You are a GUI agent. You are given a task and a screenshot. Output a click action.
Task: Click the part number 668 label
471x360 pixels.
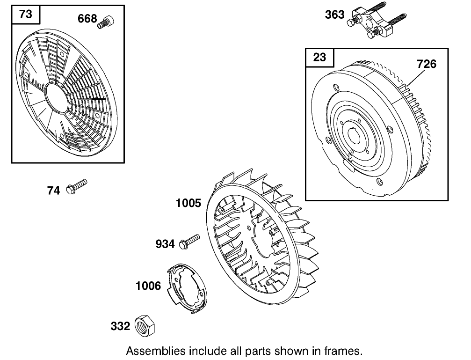[x=87, y=19]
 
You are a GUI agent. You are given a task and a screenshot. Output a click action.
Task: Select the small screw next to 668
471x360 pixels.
[x=106, y=22]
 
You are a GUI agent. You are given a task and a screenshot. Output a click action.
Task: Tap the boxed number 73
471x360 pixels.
[x=26, y=14]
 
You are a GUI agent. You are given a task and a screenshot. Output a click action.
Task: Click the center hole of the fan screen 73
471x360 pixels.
[x=56, y=98]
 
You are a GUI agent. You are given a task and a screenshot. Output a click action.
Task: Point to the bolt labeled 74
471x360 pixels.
[x=77, y=186]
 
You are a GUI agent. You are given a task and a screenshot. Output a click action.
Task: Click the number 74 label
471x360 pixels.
[x=53, y=191]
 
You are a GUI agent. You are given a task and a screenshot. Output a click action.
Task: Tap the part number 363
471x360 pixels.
[x=334, y=15]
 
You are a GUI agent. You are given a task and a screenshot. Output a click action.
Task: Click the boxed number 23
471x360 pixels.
[x=319, y=57]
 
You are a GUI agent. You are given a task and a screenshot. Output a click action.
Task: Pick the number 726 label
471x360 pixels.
[x=427, y=64]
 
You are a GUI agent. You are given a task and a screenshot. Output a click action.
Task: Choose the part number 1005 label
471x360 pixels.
[x=188, y=203]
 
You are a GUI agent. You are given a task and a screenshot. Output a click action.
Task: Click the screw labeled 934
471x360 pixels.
[x=189, y=242]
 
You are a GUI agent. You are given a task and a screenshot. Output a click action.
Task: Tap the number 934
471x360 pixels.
[x=165, y=244]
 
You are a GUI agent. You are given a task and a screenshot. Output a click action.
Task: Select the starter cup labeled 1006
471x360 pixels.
[x=187, y=289]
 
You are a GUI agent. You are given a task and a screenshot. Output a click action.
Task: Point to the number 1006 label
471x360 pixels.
[x=148, y=286]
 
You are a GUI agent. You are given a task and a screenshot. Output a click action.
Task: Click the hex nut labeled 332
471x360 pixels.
[x=145, y=326]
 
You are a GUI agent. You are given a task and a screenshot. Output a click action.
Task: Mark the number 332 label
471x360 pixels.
[x=120, y=326]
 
